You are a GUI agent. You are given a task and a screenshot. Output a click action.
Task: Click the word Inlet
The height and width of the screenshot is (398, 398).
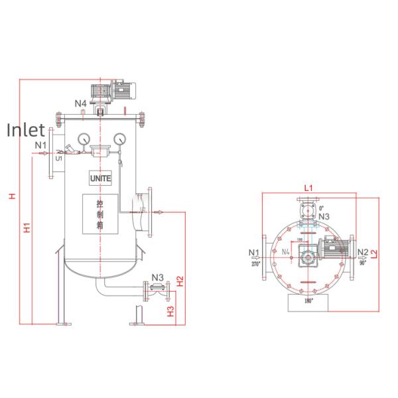click(26, 130)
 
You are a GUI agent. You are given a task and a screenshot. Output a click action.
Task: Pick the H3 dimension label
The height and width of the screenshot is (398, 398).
click(170, 310)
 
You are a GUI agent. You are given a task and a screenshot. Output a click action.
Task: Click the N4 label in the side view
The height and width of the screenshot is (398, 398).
click(80, 103)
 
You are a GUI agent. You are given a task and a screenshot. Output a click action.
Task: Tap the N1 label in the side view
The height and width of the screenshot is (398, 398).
click(40, 144)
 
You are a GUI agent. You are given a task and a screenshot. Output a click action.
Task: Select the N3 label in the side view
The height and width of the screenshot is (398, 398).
click(158, 277)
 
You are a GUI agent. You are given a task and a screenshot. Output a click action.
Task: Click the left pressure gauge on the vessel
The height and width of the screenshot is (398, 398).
click(84, 139)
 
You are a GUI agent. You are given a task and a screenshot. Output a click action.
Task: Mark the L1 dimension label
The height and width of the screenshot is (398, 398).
click(308, 188)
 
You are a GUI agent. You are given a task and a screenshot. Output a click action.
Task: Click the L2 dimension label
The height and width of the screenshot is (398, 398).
click(374, 253)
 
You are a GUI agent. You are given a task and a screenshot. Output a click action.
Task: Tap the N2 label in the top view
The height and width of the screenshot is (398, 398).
click(362, 252)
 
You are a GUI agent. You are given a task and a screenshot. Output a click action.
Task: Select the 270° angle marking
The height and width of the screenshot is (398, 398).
click(255, 263)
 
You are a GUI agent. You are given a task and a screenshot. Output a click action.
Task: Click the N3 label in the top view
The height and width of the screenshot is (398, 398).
click(324, 216)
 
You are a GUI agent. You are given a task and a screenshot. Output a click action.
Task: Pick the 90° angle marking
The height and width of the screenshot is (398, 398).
click(363, 263)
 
